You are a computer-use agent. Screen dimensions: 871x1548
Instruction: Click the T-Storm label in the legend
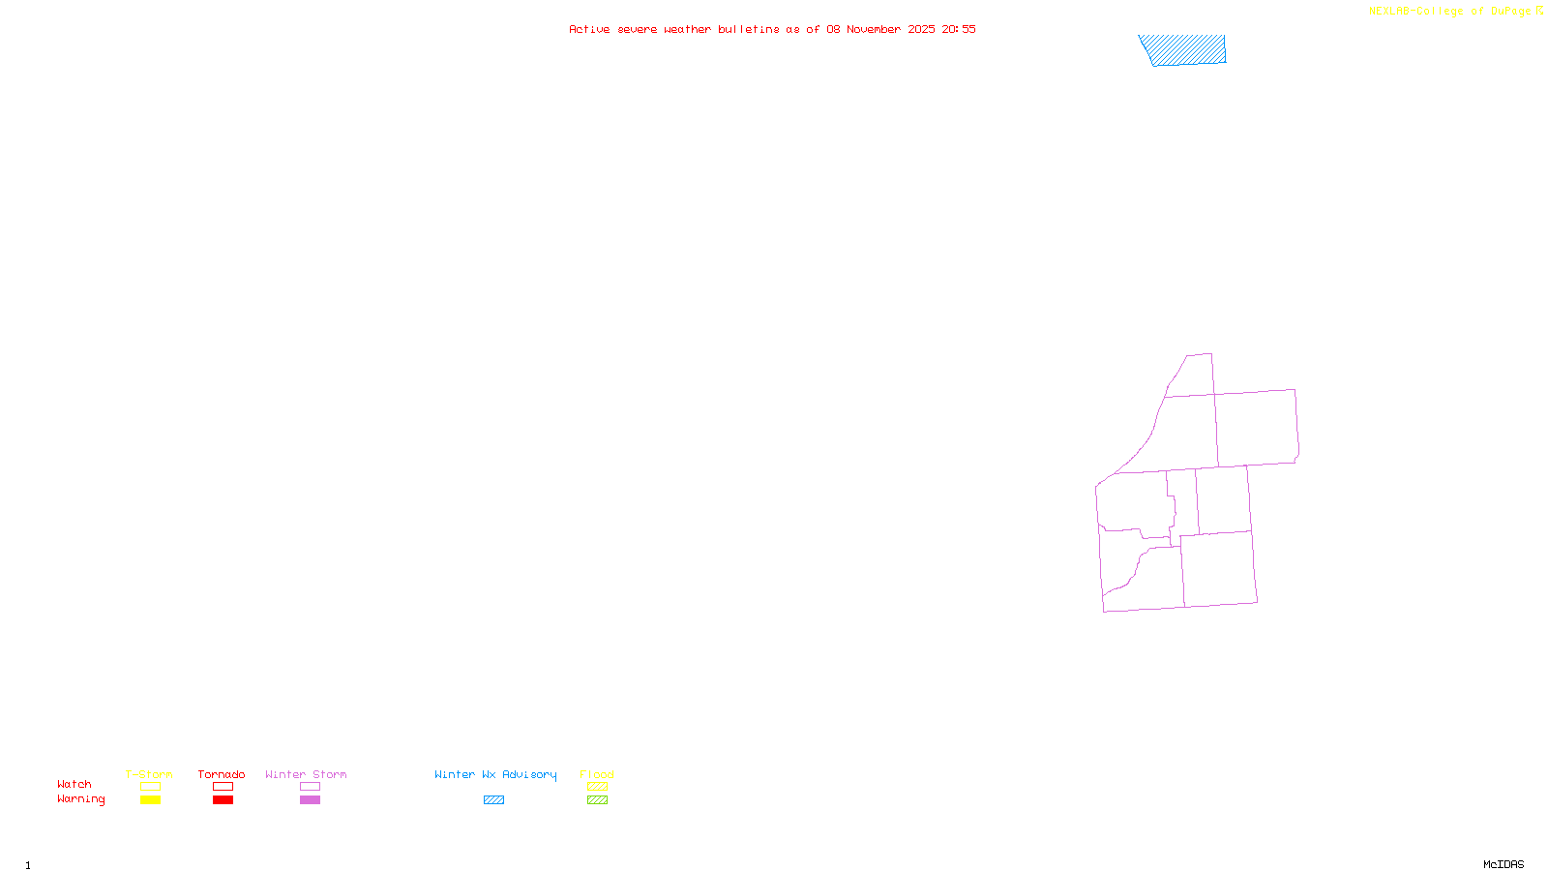149,774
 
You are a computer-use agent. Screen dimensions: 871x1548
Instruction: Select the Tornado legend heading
222,774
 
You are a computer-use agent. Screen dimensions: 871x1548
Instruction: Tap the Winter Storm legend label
306,774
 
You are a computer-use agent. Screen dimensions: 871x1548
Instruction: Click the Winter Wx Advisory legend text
495,774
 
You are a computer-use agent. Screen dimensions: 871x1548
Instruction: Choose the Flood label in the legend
597,774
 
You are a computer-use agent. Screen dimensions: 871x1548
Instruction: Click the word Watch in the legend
74,784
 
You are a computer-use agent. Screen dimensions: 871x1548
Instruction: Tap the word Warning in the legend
80,799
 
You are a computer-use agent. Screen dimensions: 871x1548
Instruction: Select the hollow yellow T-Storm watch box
150,787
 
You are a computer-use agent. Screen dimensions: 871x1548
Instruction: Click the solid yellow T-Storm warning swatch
150,800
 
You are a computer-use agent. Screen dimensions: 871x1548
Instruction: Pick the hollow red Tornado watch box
223,787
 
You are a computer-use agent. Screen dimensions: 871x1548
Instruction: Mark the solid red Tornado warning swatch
223,800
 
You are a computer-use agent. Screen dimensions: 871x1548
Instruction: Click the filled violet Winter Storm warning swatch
310,800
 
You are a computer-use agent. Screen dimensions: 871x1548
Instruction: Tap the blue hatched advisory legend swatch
493,800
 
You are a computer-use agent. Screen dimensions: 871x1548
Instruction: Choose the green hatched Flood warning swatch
597,800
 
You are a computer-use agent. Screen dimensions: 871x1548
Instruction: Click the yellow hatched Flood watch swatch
597,787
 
